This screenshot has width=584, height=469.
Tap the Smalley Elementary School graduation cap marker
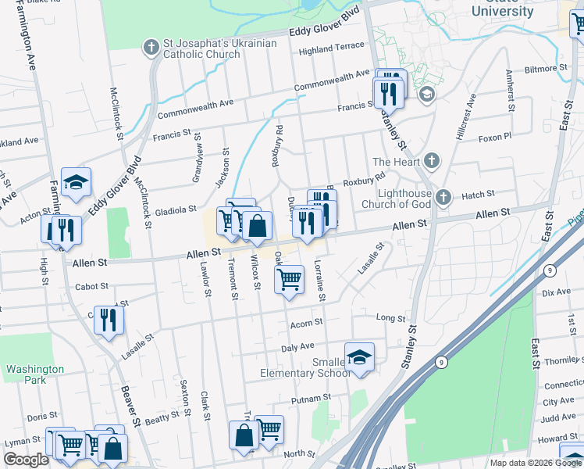click(359, 356)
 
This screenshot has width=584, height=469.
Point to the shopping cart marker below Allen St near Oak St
click(289, 279)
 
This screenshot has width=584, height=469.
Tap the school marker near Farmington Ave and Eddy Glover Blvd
click(76, 182)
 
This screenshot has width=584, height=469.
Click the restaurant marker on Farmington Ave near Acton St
click(61, 229)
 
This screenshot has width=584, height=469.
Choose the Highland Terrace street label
click(332, 47)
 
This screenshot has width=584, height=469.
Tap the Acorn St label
click(306, 322)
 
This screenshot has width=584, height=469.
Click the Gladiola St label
click(175, 209)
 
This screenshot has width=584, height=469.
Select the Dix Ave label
click(556, 292)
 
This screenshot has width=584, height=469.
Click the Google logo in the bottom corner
click(26, 460)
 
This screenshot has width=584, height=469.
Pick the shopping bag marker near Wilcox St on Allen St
click(257, 227)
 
